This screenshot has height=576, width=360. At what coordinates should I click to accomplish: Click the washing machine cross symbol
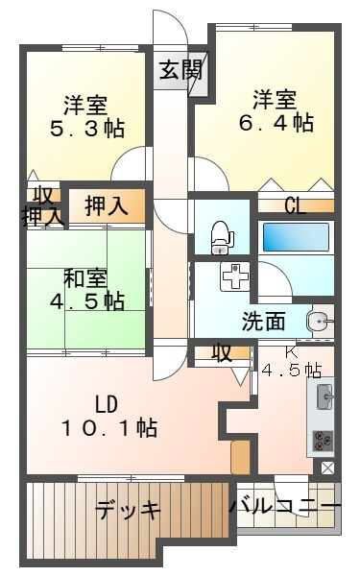click(x=234, y=278)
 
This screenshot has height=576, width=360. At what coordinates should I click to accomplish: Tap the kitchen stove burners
click(x=322, y=439)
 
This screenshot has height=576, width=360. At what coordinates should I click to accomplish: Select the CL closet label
click(x=295, y=204)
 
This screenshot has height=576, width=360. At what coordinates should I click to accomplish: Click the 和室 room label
click(x=85, y=278)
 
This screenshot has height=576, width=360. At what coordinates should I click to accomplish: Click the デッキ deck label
click(x=128, y=511)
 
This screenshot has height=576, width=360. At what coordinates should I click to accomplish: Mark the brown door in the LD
click(x=240, y=457)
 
